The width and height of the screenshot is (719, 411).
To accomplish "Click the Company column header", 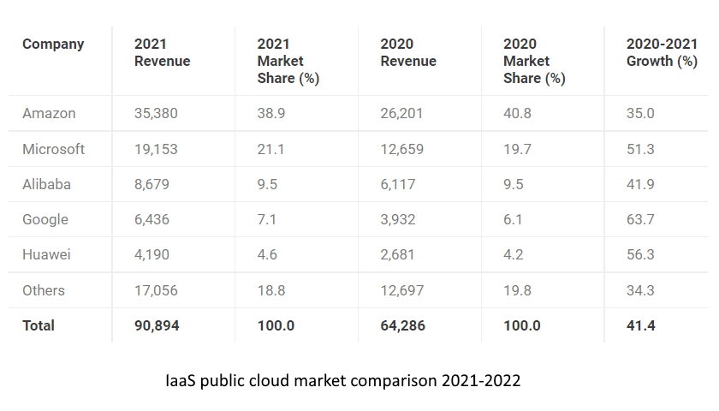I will pos(53,45).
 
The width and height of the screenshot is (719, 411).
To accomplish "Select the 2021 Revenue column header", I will pos(162,53).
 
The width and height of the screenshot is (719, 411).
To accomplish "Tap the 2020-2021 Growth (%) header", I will pos(662,53).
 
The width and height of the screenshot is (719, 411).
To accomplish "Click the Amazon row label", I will pos(49,113).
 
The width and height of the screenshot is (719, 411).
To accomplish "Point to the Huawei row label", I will pos(48,254).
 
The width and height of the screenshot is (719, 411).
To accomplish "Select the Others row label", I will pos(44,290).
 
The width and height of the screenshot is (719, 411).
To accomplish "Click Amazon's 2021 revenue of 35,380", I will pos(157,113).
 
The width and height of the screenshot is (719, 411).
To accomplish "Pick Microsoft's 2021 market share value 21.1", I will pos(271,149).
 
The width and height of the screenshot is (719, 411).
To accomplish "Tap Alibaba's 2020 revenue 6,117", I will pos(401,184).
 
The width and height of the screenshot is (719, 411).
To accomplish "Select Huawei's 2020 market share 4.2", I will pos(514,254).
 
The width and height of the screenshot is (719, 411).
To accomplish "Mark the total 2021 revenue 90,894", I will pos(157,325).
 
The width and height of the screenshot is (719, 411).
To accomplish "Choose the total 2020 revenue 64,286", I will pos(403,325).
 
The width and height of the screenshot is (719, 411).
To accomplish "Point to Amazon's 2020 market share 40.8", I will pos(518,113).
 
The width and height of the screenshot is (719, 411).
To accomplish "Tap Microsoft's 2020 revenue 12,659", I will pos(402,149).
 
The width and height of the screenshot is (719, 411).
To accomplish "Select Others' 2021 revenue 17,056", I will pos(157,290).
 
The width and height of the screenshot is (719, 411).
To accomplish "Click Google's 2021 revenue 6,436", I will pos(152,219).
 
